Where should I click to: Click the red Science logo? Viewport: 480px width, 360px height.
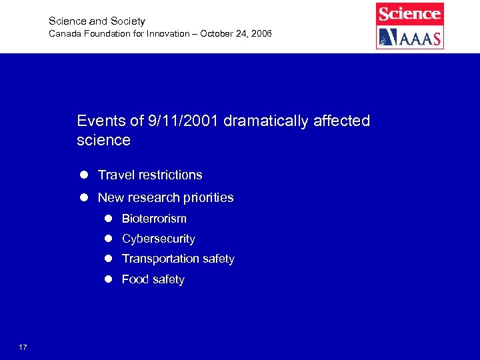pyautogui.click(x=409, y=13)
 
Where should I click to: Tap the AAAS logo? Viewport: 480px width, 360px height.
pyautogui.click(x=409, y=37)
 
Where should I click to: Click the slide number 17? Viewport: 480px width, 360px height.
pyautogui.click(x=23, y=347)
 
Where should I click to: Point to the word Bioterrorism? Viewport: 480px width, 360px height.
pyautogui.click(x=154, y=219)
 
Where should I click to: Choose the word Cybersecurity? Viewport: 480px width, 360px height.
pyautogui.click(x=158, y=239)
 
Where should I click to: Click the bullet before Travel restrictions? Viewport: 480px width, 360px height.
pyautogui.click(x=85, y=175)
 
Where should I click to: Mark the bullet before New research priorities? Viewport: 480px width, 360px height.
pyautogui.click(x=85, y=197)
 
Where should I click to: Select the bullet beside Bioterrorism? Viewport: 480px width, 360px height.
pyautogui.click(x=108, y=219)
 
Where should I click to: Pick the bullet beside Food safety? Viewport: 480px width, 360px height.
pyautogui.click(x=108, y=279)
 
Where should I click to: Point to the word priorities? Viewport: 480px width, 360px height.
pyautogui.click(x=207, y=197)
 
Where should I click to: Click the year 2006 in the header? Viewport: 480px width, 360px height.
pyautogui.click(x=260, y=33)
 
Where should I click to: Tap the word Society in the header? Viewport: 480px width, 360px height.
pyautogui.click(x=127, y=21)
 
